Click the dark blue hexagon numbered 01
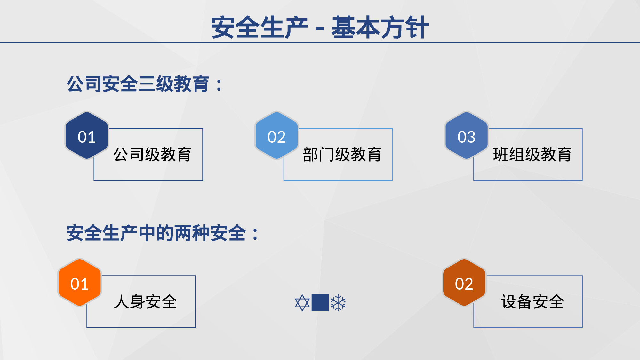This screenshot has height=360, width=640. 87,136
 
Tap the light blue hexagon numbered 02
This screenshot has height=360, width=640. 276,136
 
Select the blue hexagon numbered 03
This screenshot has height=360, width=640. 466,136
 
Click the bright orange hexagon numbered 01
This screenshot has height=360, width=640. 79,283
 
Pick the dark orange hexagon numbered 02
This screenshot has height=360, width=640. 464,283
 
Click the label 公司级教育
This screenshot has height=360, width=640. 152,155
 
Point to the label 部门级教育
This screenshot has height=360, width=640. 342,155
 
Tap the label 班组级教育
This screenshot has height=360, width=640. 532,155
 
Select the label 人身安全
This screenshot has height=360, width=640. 145,302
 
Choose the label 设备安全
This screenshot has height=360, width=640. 532,302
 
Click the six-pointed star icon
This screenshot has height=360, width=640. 302,303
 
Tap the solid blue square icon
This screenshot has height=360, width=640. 320,303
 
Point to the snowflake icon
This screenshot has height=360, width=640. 338,303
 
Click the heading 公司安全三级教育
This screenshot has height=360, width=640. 138,84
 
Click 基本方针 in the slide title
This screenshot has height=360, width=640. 380,28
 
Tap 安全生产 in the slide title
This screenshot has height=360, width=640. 259,28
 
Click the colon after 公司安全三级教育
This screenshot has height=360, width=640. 219,85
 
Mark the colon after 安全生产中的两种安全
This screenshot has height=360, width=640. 255,234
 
